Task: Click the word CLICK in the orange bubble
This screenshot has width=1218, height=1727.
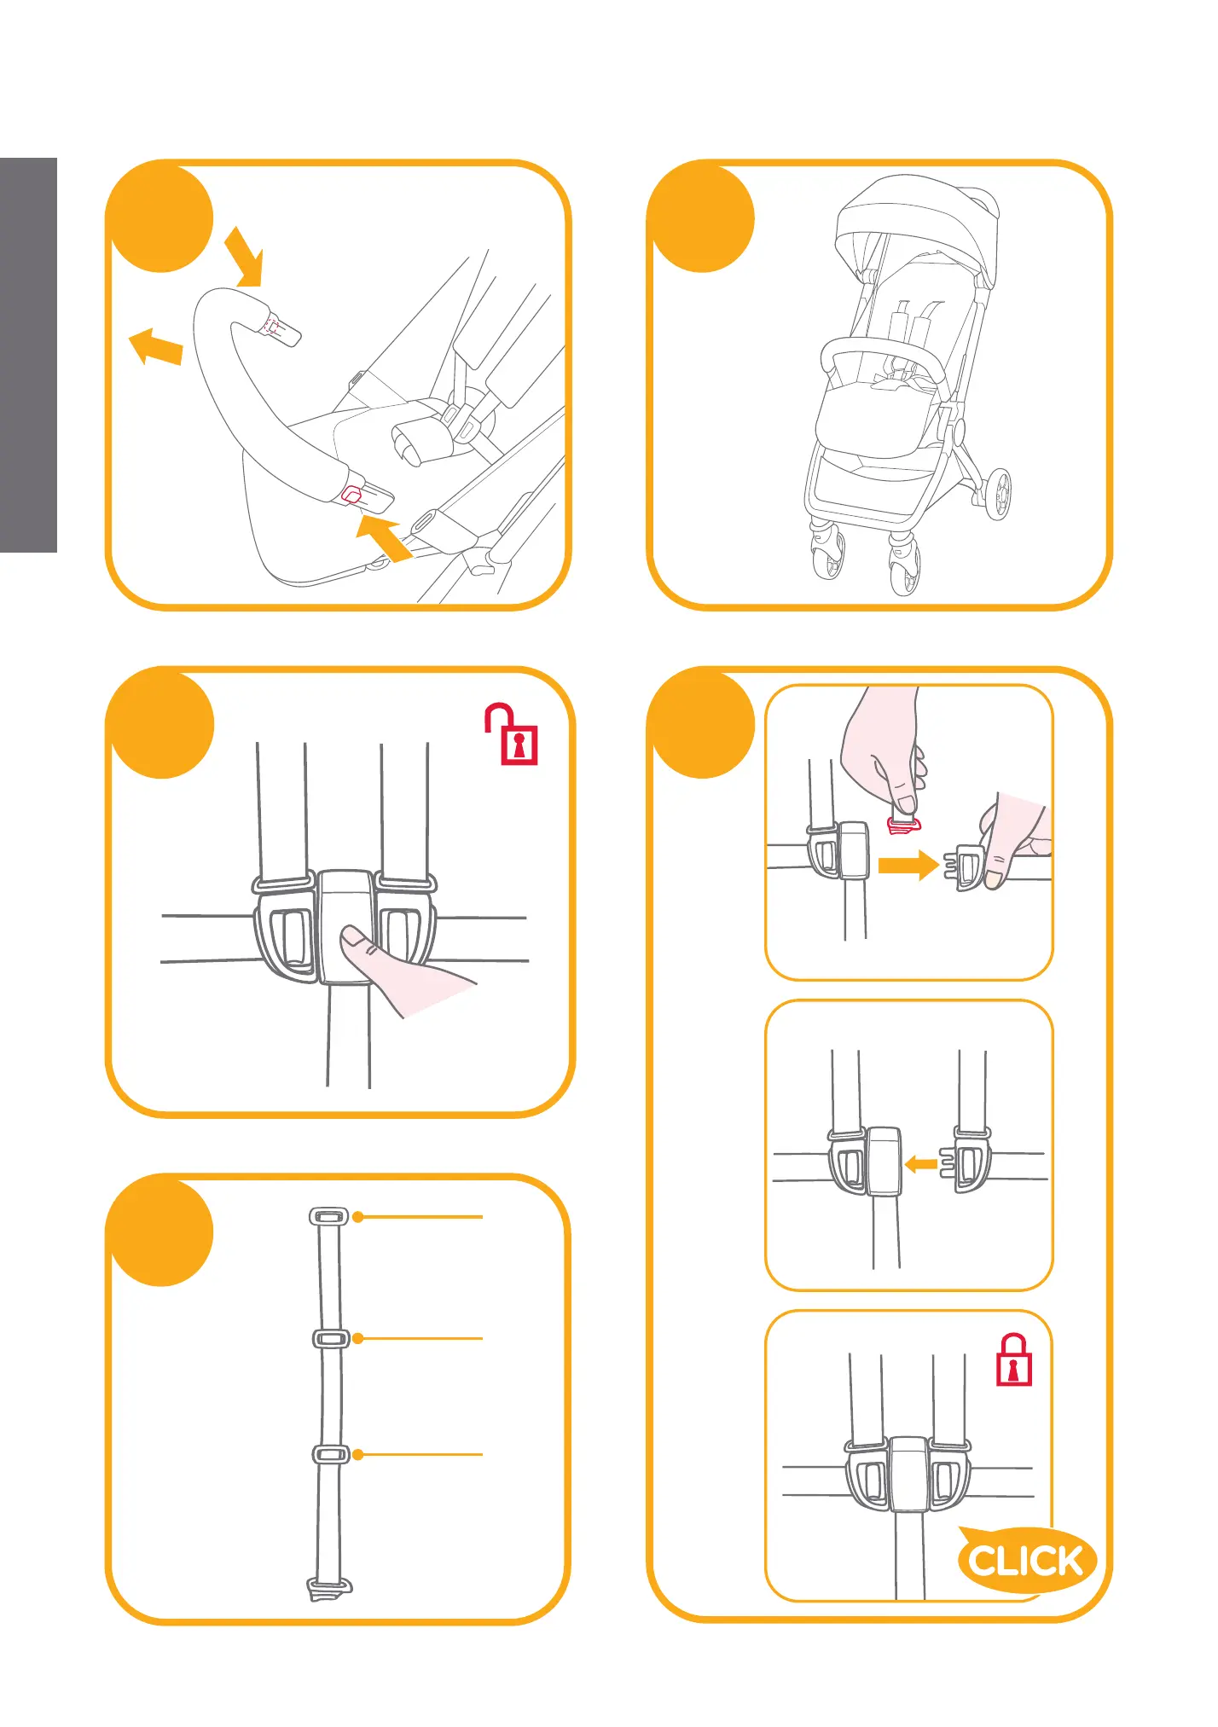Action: [x=1026, y=1562]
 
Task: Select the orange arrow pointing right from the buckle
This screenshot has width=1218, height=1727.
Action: [x=908, y=865]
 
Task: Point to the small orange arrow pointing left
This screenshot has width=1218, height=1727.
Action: [x=919, y=1163]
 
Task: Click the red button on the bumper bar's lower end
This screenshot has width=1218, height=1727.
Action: [x=351, y=495]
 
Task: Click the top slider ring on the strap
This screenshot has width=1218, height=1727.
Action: [x=328, y=1216]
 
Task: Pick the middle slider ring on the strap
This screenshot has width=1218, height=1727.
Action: [x=331, y=1338]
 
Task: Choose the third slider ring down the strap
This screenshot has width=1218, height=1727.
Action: [x=331, y=1454]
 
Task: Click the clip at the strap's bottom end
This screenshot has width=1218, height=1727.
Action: [x=328, y=1589]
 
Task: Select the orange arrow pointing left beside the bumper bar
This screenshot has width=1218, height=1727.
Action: [x=155, y=346]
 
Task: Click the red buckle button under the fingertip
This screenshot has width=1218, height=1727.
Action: [x=903, y=825]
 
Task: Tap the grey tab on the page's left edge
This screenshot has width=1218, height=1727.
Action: [x=28, y=355]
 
